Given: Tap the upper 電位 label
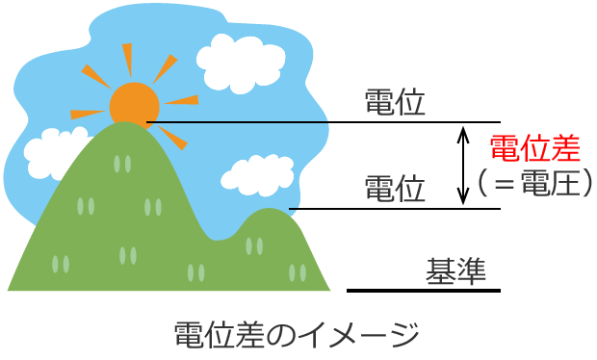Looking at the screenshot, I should point(395,103).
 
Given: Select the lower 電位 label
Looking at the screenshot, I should point(395,188).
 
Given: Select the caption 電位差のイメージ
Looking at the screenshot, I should point(296,335).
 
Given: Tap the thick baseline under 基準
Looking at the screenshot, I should point(424,290).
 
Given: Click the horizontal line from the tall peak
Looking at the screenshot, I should point(318,122).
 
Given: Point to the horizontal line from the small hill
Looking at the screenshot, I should point(395,209).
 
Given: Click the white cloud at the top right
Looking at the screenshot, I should point(235,61).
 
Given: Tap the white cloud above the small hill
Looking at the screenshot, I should point(257,174).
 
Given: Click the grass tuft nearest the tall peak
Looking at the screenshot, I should point(121,163).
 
